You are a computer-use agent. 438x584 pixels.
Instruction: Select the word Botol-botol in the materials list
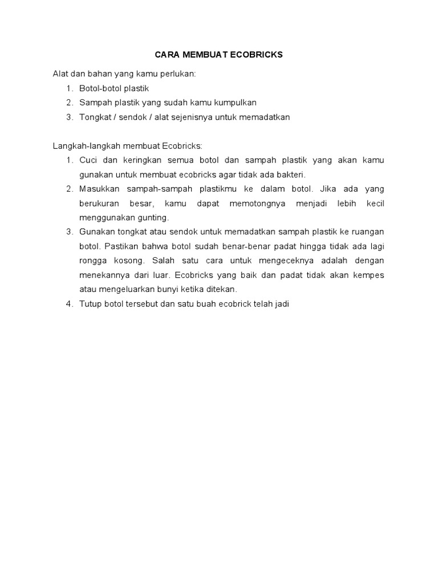coord(98,88)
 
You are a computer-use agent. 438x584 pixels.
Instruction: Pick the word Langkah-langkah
coord(84,146)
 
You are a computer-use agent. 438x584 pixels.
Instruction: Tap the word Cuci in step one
coord(88,160)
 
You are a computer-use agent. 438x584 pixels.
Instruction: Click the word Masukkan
coord(98,189)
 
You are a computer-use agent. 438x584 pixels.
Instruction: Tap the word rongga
coord(91,261)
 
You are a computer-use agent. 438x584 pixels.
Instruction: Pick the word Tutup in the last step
coord(90,304)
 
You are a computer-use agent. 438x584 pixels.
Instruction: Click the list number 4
coord(69,304)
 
